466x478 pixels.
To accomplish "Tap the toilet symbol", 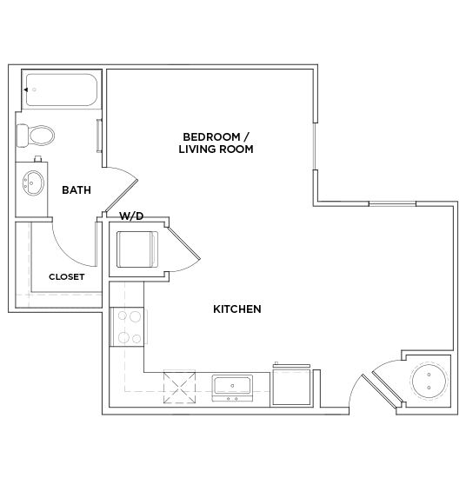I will pyautogui.click(x=36, y=135).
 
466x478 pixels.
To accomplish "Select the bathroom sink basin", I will pyautogui.click(x=33, y=183).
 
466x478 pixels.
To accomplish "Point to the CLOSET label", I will pyautogui.click(x=66, y=276).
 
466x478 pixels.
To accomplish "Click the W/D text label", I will pyautogui.click(x=131, y=216).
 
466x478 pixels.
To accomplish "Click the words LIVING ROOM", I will pyautogui.click(x=218, y=149).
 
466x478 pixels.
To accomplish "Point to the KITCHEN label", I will pyautogui.click(x=237, y=309).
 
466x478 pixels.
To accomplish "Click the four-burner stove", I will pyautogui.click(x=130, y=328).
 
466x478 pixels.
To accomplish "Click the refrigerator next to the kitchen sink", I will pyautogui.click(x=294, y=385).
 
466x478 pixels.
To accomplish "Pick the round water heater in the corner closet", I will pyautogui.click(x=430, y=381).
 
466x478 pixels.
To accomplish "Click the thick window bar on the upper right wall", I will pyautogui.click(x=390, y=204).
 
